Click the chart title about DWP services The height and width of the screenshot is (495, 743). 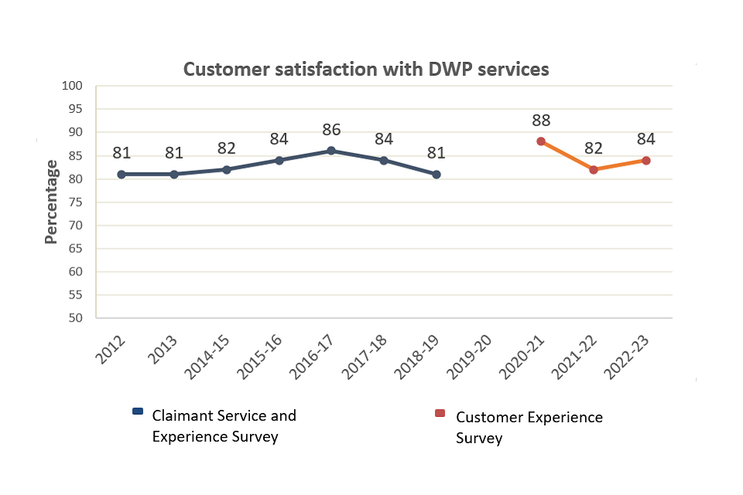pos(366,70)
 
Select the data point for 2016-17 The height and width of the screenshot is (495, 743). pos(331,151)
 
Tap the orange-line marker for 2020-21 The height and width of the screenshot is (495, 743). pos(541,142)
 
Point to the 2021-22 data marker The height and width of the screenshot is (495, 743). pos(594,169)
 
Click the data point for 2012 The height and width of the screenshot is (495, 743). pos(122,174)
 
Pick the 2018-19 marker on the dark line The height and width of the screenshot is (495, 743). pos(437,174)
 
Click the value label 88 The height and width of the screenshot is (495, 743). pos(541,121)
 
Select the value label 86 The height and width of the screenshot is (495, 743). pos(331,130)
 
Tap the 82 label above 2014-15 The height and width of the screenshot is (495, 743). pos(227,148)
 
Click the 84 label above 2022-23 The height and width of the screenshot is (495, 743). pos(646,139)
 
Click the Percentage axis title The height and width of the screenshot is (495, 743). pos(51,202)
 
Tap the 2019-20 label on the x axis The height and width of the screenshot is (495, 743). pos(471,357)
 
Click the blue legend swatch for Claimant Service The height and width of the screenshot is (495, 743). pos(138,411)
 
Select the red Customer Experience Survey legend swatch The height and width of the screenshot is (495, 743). pos(440,413)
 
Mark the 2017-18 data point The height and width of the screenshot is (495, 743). pos(384,160)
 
